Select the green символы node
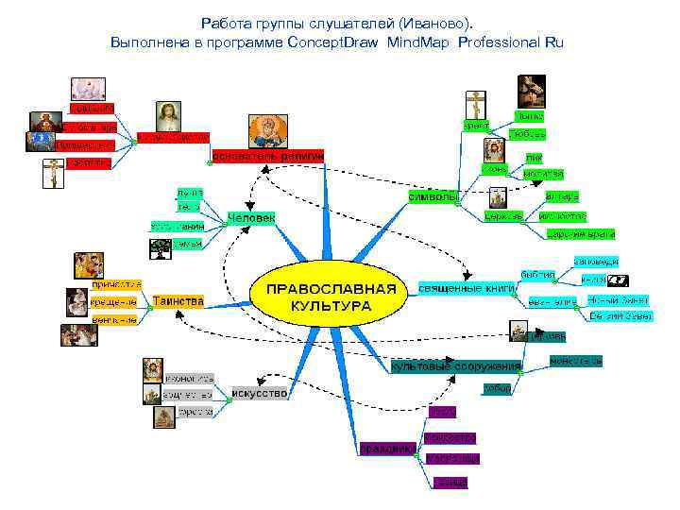(x=433, y=196)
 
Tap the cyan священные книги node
(x=466, y=286)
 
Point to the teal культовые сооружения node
(x=456, y=365)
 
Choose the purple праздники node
(x=387, y=449)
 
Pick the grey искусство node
(x=259, y=392)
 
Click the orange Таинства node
(x=178, y=301)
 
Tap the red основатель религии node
(x=268, y=155)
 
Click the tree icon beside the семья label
(x=159, y=247)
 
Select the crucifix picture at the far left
(x=50, y=174)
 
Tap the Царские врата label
(x=581, y=232)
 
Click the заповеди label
(x=595, y=260)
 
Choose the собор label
(x=497, y=388)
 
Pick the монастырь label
(x=575, y=361)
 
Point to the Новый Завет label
(x=617, y=299)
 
